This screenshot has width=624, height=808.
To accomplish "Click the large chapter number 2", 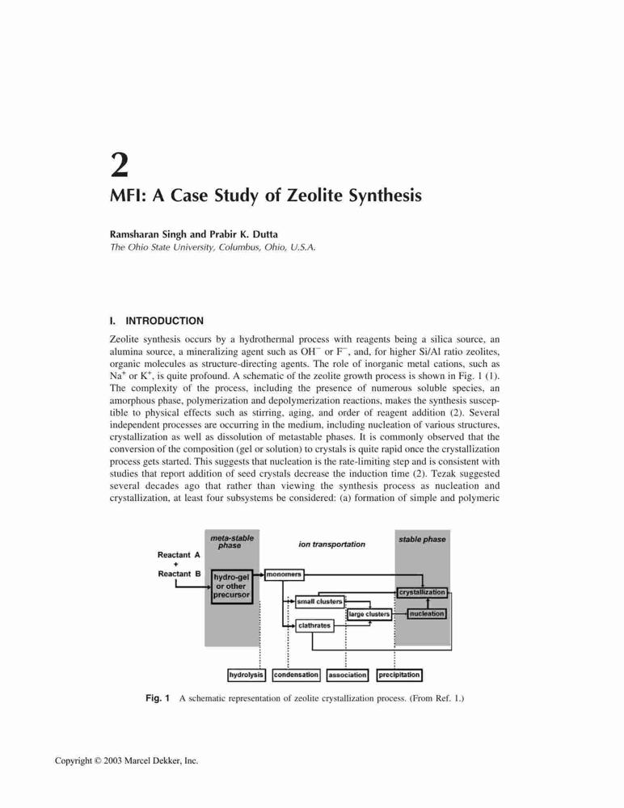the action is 119,165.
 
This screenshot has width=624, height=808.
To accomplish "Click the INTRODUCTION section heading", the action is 165,321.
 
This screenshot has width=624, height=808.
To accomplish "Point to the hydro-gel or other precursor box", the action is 232,587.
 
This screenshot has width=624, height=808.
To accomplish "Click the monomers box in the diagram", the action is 285,574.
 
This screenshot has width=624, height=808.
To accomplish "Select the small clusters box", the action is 319,601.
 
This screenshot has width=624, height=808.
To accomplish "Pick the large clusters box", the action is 369,614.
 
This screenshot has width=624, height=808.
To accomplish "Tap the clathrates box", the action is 314,625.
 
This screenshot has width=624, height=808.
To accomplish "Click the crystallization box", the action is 422,592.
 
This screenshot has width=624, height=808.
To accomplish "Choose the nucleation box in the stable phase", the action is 427,614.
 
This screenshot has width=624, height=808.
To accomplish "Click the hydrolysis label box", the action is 247,675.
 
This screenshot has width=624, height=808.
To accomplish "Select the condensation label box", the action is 296,675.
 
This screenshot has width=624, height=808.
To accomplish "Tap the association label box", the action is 347,675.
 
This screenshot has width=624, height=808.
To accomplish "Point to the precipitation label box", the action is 399,675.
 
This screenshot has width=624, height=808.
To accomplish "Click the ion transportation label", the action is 331,544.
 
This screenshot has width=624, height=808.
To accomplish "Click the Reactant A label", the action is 179,555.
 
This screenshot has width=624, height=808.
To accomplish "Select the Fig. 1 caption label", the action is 158,698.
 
